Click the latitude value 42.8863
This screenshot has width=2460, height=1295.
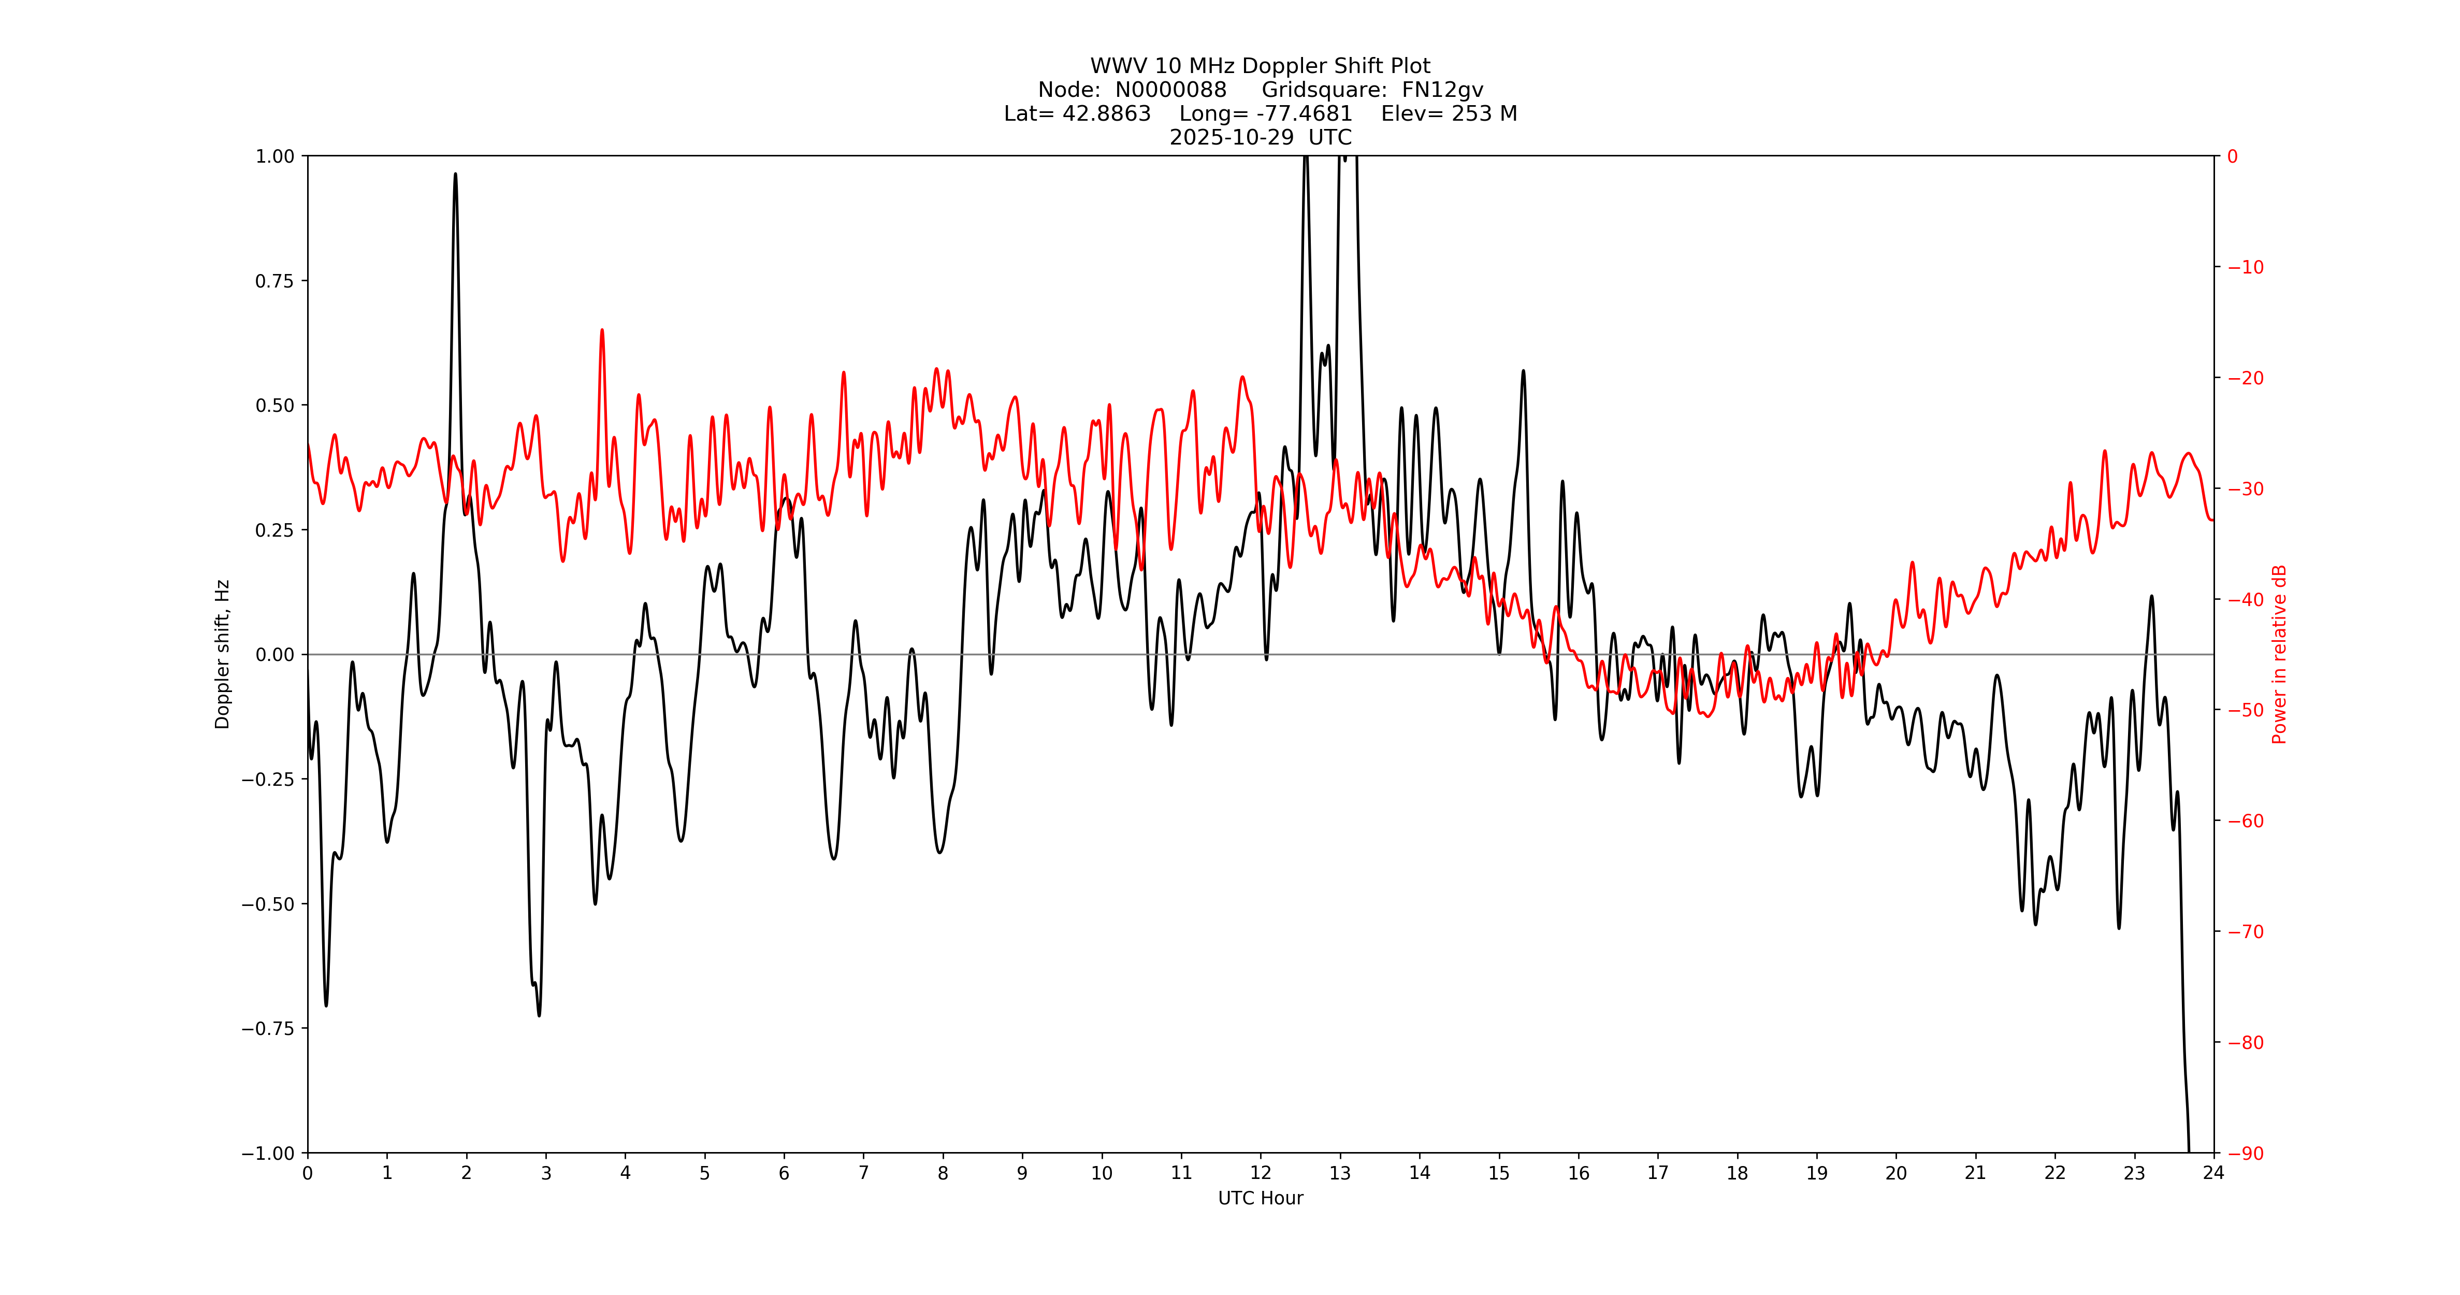(x=1106, y=113)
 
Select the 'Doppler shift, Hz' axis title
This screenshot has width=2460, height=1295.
(x=223, y=654)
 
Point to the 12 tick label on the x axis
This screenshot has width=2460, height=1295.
(x=1261, y=1173)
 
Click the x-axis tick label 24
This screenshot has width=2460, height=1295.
(x=2213, y=1173)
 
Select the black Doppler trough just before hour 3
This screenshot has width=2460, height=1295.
(x=539, y=1014)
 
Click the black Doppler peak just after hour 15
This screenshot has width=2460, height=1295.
(x=1523, y=371)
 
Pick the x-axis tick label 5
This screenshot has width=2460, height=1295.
(x=705, y=1173)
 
